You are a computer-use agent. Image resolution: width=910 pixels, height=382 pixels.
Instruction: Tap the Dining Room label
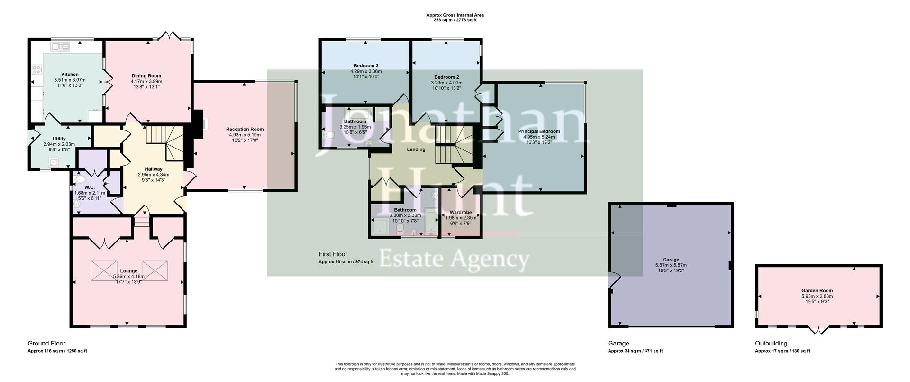click(x=146, y=76)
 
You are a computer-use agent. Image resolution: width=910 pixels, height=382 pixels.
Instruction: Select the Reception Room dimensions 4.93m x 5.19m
click(x=245, y=135)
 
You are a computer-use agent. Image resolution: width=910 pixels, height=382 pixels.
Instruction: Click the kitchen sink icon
click(x=60, y=46)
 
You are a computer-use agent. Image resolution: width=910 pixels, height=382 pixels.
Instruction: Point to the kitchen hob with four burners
click(x=36, y=70)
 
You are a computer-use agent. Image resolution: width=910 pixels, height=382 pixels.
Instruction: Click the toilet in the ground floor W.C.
click(x=80, y=179)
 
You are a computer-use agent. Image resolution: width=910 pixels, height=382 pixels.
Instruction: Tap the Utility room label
click(x=59, y=139)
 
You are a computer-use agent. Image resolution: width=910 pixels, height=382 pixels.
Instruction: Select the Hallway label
click(x=154, y=169)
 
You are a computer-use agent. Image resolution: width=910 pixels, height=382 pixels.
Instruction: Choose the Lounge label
click(x=129, y=271)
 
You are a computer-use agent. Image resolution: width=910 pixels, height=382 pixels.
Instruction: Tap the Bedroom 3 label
click(x=366, y=65)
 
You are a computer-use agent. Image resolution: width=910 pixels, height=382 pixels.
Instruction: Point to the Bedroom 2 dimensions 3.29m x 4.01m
click(x=446, y=83)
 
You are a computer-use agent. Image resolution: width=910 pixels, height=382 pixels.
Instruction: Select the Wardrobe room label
click(x=460, y=212)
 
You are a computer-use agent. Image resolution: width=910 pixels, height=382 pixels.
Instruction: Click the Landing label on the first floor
click(x=416, y=149)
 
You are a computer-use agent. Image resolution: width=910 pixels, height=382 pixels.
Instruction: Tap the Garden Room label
click(x=817, y=291)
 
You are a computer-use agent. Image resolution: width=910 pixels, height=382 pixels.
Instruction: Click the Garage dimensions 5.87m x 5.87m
click(x=671, y=265)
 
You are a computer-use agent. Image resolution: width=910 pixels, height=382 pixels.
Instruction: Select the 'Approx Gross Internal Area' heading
click(x=455, y=15)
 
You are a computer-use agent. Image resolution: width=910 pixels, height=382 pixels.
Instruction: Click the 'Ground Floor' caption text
click(x=46, y=344)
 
